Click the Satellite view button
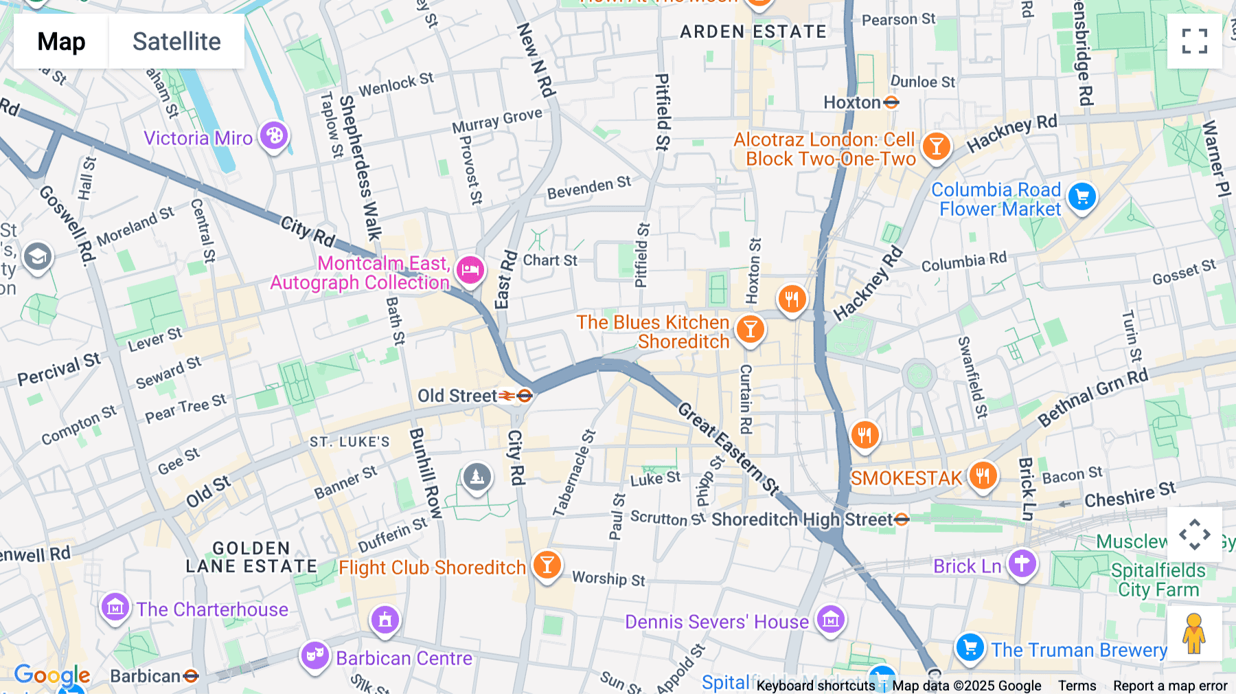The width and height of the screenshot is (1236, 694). tap(176, 41)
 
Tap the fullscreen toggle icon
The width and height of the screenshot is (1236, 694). tap(1194, 41)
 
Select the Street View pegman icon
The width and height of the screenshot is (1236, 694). tap(1194, 634)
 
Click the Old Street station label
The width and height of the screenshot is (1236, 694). tap(457, 396)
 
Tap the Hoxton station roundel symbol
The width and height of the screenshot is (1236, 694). tap(891, 102)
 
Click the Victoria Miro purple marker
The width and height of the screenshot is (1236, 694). tap(274, 135)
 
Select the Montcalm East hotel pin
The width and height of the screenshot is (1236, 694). tap(470, 269)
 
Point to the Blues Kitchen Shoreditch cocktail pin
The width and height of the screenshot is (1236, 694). tap(751, 329)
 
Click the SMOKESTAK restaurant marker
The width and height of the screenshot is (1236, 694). tap(983, 475)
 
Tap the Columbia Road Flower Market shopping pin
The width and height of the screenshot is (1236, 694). tap(1082, 197)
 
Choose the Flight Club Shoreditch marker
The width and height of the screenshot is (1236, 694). tap(547, 565)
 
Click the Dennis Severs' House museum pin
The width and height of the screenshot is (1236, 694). tap(830, 620)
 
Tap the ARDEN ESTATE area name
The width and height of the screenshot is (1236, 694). tap(753, 32)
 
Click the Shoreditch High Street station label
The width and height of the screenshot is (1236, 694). tap(802, 519)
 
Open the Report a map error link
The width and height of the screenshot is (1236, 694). tap(1170, 686)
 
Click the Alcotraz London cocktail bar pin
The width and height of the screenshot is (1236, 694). tap(936, 146)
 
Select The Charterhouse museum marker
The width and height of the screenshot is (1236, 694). tap(115, 607)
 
